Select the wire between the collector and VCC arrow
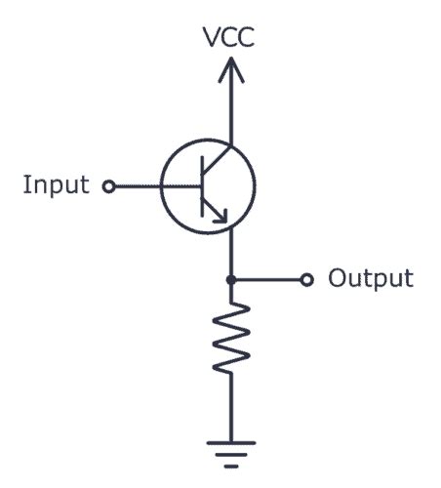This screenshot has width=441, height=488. pos(230,112)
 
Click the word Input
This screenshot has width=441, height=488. pos(56,184)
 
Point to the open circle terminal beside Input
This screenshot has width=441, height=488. pos(108,184)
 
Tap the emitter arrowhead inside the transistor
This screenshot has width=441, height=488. pos(224,220)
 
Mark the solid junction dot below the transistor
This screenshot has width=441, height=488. pos(230,280)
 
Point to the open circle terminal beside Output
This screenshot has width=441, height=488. pos(306,280)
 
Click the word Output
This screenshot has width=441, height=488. pos(370,279)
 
